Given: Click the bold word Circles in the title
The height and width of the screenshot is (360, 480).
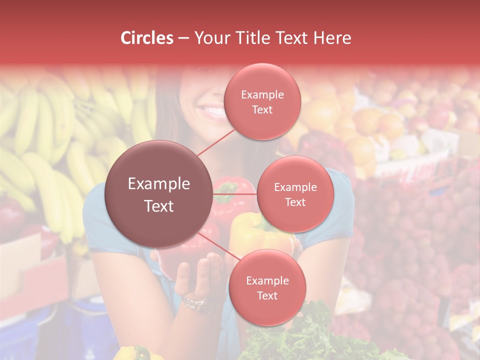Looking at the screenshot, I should [146, 38].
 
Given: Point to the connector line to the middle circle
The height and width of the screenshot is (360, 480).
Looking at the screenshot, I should [235, 194].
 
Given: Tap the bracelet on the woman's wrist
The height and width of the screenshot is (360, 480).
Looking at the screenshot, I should [194, 302].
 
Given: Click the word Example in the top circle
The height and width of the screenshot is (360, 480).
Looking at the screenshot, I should [262, 95].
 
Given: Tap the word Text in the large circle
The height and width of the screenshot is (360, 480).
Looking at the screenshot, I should [159, 206].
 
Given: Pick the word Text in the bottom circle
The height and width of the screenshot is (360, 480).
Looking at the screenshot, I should [267, 296].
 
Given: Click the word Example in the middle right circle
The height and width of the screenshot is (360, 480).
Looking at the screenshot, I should [295, 187].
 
